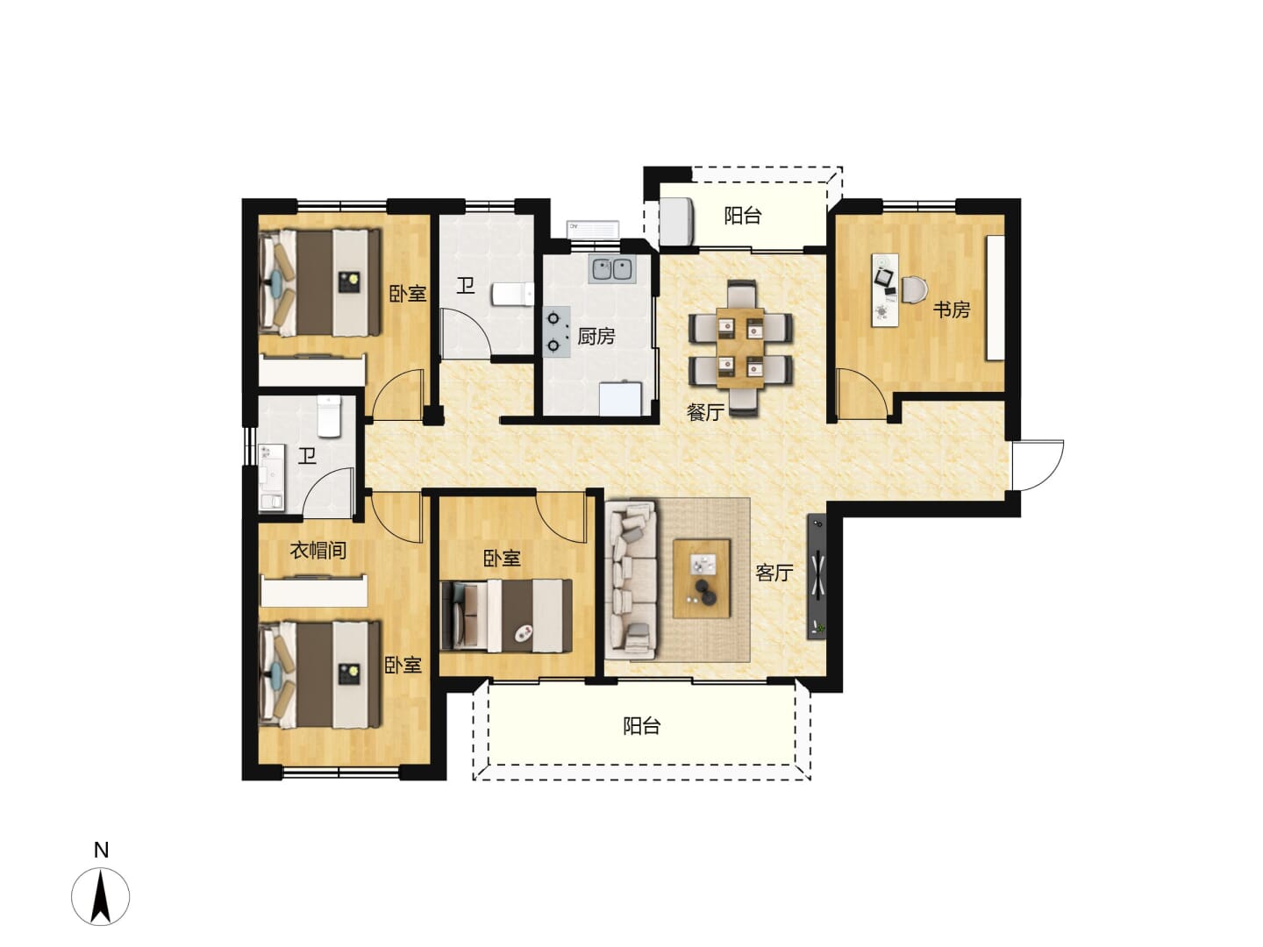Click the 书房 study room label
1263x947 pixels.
click(951, 310)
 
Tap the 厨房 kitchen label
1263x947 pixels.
click(596, 336)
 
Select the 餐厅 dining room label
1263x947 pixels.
click(705, 412)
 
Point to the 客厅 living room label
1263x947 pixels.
click(774, 572)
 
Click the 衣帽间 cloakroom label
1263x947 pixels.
click(318, 551)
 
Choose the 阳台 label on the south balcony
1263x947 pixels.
click(641, 726)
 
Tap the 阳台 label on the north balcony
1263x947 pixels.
click(743, 216)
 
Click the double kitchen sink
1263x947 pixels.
click(611, 269)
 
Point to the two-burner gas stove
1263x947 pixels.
click(556, 331)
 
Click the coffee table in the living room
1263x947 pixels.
click(702, 579)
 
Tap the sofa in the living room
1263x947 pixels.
click(631, 580)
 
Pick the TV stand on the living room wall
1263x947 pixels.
click(817, 576)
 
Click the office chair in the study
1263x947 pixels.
click(915, 289)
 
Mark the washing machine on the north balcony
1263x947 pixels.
click(677, 222)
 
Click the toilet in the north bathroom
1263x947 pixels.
click(513, 294)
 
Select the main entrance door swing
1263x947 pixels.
click(1038, 465)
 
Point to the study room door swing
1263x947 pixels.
click(862, 394)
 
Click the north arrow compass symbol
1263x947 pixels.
click(101, 897)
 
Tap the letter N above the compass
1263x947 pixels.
click(101, 851)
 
